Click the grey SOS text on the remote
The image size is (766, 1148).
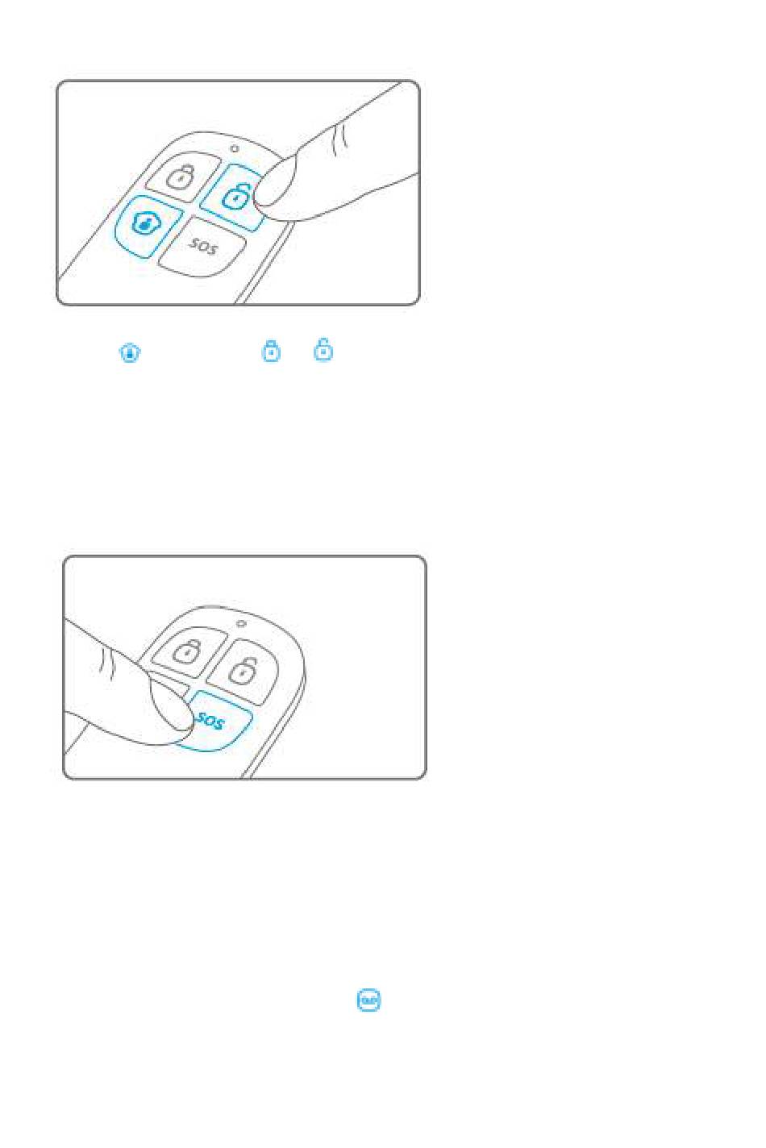(203, 246)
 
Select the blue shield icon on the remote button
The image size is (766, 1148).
(146, 223)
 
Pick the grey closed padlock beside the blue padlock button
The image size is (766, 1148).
(181, 177)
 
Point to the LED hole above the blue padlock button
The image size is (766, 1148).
(235, 148)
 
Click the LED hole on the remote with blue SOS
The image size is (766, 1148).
(240, 624)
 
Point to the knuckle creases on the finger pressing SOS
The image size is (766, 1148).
(106, 663)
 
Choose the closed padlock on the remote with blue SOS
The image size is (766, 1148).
(186, 651)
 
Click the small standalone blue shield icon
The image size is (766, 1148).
(130, 352)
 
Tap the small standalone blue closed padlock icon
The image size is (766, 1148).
(271, 351)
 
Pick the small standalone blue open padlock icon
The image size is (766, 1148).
(323, 350)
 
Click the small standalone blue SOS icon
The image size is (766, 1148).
(368, 1000)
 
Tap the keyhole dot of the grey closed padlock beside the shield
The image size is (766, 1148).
(180, 179)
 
